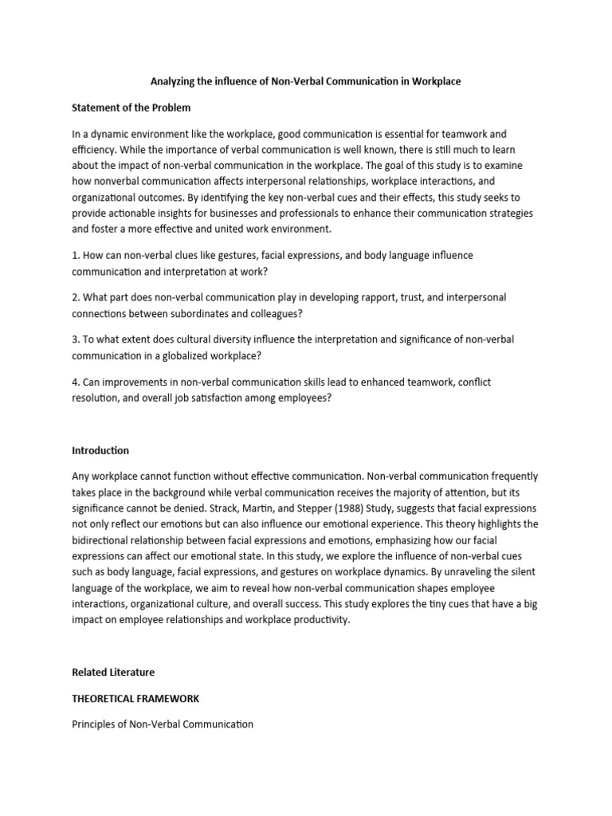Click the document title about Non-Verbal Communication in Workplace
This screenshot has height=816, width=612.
306,81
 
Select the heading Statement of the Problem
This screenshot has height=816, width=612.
131,108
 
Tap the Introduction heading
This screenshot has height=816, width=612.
100,450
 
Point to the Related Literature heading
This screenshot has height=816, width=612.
113,673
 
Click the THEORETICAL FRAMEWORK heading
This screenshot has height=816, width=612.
135,698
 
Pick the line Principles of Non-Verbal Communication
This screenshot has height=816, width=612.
163,724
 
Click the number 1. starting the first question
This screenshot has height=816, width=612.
76,255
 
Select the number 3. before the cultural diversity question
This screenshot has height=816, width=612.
76,339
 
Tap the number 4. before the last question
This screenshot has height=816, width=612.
76,382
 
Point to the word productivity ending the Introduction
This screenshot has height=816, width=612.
321,619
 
